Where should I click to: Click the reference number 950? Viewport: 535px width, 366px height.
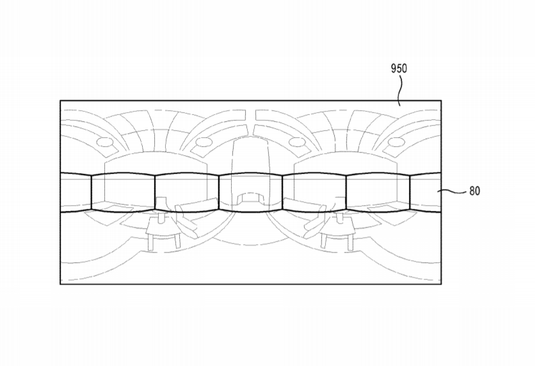[x=399, y=69]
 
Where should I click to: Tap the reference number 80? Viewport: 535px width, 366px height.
[x=475, y=190]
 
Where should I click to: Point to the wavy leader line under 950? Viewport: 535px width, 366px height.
[x=400, y=90]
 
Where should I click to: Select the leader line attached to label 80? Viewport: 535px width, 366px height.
[x=452, y=192]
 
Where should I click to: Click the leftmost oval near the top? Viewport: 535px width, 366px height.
[x=105, y=142]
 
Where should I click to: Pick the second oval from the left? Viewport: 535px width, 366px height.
[x=204, y=142]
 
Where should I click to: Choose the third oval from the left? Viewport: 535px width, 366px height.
[x=297, y=142]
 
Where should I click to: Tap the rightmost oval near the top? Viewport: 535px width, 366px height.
[x=397, y=142]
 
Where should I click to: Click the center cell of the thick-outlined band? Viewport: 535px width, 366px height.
[x=250, y=192]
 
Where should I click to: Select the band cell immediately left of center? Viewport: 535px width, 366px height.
[x=187, y=192]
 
